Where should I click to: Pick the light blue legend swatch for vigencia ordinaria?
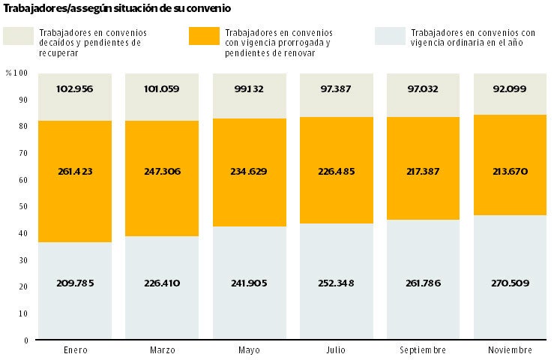pos(388,37)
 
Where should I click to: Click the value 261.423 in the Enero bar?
pos(75,171)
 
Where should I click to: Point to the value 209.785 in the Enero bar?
pos(75,283)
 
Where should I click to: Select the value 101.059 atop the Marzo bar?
pos(163,88)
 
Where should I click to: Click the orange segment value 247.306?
pos(163,171)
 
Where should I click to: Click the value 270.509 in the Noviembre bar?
pos(509,283)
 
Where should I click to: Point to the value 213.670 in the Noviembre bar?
pos(509,171)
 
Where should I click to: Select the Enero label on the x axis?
pos(75,350)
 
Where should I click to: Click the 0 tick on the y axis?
pos(25,340)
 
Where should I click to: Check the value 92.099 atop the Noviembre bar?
pos(509,88)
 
